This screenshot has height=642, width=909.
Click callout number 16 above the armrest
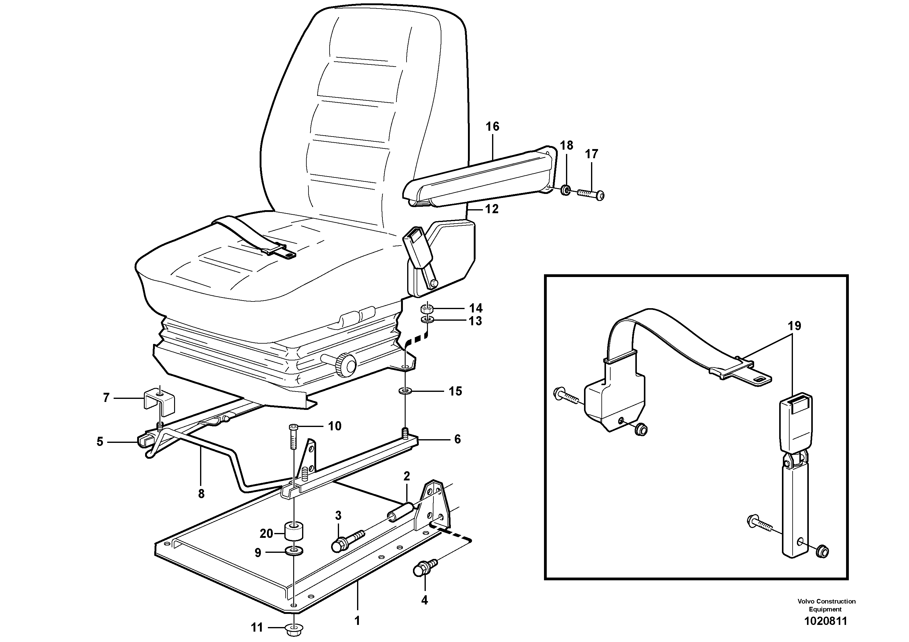point(492,127)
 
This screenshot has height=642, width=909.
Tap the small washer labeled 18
point(566,190)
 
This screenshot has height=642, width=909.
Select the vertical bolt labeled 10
point(293,438)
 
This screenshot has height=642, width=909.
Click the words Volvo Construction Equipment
point(826,605)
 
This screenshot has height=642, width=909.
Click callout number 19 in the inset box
point(794,326)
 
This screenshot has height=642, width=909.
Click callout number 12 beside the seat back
point(492,209)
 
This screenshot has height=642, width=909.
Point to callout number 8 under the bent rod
point(201,494)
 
